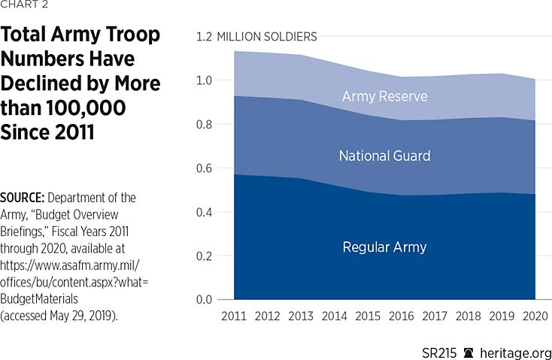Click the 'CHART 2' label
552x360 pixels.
[x=24, y=6]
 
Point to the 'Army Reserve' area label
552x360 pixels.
[x=384, y=97]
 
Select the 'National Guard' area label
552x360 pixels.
[x=384, y=156]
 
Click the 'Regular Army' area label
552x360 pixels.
[x=384, y=247]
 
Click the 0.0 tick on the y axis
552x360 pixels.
[x=205, y=300]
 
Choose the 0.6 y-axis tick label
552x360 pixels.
[x=205, y=168]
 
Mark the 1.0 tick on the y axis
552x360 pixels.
[x=205, y=80]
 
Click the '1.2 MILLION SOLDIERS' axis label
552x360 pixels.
[x=256, y=36]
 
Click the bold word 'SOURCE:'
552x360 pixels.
[x=22, y=198]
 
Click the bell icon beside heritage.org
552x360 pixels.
[x=469, y=352]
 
